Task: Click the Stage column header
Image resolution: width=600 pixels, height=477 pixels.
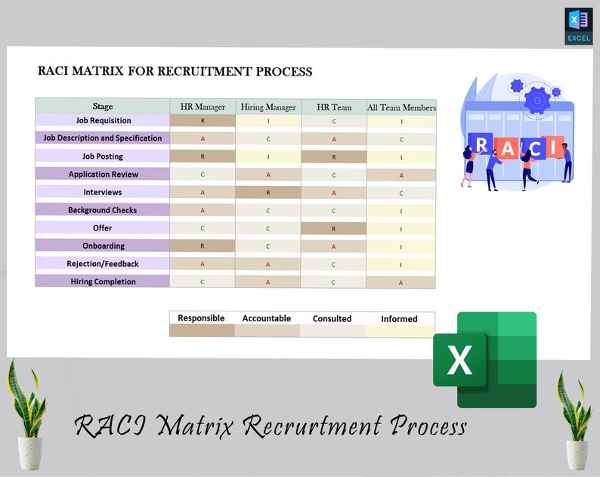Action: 102,107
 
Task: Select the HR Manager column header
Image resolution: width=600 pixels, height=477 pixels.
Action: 203,107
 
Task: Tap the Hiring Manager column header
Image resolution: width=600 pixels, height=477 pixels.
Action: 268,107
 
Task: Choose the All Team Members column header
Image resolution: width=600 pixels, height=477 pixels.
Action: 401,107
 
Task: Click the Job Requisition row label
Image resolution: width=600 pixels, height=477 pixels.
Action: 103,120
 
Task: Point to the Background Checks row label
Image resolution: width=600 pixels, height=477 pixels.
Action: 102,210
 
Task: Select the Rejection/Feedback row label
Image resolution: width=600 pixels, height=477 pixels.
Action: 102,264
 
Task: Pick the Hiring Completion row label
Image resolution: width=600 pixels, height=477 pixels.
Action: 103,281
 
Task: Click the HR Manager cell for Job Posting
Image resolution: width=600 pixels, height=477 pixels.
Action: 203,156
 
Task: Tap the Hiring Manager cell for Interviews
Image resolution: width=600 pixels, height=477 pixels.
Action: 268,193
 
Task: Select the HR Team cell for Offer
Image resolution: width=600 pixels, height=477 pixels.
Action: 333,228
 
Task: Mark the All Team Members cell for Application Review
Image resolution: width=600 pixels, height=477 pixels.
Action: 401,175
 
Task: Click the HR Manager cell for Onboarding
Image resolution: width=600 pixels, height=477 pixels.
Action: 203,246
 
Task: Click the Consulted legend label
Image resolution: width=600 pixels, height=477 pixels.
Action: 332,318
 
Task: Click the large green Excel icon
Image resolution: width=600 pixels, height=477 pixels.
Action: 484,359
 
